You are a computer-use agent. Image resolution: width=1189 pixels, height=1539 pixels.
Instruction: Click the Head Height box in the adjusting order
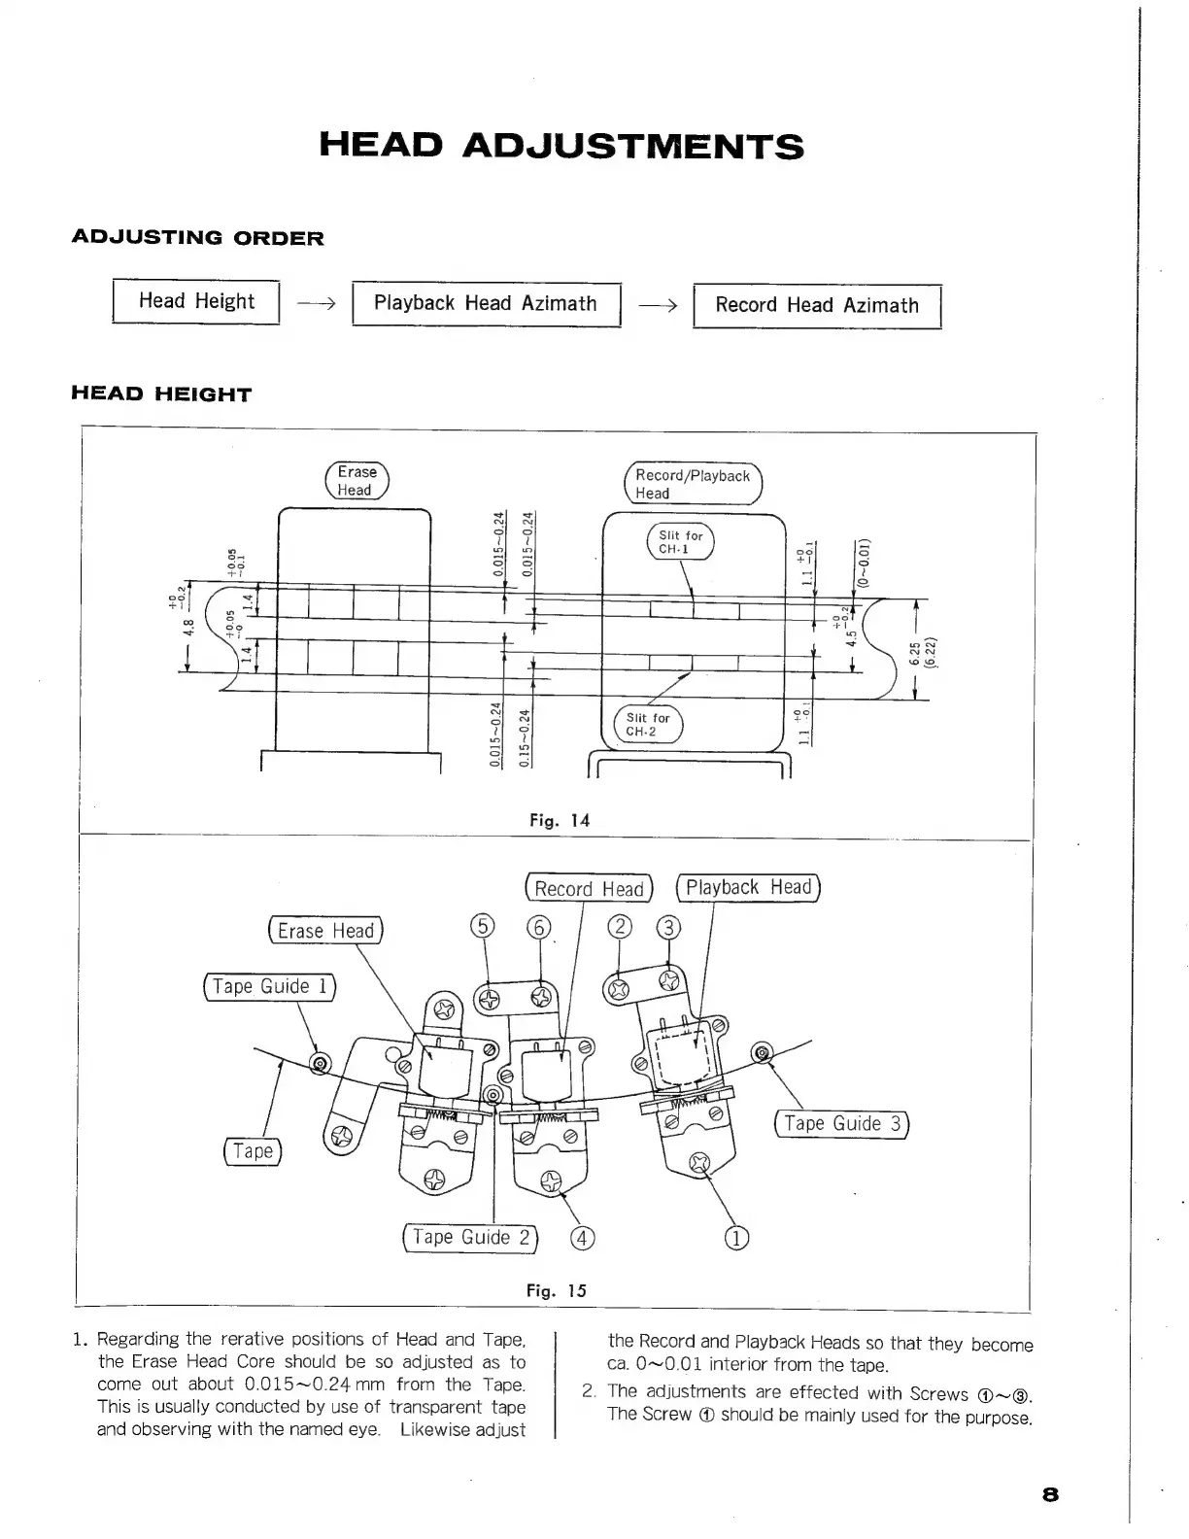click(196, 301)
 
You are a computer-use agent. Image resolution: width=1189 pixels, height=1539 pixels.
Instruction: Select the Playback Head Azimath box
click(485, 303)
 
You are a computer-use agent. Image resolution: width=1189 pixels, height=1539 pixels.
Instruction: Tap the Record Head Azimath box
click(816, 305)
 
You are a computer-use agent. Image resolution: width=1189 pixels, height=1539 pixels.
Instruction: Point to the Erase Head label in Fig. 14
click(356, 481)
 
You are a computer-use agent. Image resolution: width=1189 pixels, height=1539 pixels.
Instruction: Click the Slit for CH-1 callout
click(680, 542)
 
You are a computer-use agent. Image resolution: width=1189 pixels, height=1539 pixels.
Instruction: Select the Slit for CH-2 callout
click(647, 725)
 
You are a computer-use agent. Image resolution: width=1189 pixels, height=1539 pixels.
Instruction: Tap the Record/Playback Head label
click(692, 484)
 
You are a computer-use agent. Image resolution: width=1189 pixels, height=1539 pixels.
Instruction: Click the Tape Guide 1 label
click(269, 986)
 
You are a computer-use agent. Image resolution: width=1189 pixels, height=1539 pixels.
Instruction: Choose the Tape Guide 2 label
click(471, 1237)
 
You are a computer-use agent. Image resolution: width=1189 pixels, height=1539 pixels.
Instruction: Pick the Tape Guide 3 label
click(842, 1124)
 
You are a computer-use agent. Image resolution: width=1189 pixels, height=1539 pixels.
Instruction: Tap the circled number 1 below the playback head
click(737, 1238)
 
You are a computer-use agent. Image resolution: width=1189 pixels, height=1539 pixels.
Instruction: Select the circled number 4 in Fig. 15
click(582, 1238)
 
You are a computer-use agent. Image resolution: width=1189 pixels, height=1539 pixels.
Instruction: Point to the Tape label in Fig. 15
click(253, 1151)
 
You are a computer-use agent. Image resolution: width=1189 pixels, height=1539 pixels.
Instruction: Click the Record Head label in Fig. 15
click(589, 889)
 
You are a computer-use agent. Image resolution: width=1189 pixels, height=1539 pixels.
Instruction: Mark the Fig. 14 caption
click(560, 820)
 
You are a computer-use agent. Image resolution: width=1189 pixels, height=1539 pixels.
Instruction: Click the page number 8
click(1049, 1494)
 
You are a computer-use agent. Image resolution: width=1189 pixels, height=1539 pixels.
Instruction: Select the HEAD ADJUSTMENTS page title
click(561, 147)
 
